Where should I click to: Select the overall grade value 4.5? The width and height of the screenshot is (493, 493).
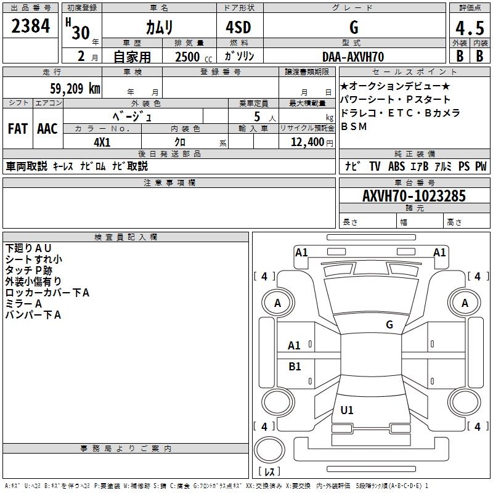[x=468, y=27]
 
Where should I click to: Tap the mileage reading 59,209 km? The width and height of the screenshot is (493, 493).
[x=75, y=88]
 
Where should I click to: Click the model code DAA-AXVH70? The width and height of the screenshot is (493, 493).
[x=353, y=57]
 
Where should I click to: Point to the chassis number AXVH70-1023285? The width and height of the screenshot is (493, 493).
[x=414, y=196]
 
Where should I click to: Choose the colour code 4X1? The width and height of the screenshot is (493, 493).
[x=102, y=142]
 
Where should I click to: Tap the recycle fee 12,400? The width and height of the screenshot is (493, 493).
[x=306, y=142]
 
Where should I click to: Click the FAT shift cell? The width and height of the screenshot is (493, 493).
[x=18, y=129]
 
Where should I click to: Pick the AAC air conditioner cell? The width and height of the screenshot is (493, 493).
[x=47, y=129]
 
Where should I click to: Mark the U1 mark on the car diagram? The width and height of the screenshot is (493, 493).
[x=347, y=410]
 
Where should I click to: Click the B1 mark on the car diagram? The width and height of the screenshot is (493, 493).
[x=295, y=367]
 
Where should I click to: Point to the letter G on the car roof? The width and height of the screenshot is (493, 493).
[x=389, y=325]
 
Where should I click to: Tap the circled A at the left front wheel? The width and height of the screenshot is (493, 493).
[x=277, y=303]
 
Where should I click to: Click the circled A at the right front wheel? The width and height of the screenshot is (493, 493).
[x=465, y=303]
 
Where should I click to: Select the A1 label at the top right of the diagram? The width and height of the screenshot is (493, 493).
[x=439, y=252]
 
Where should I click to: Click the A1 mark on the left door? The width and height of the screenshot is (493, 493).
[x=295, y=346]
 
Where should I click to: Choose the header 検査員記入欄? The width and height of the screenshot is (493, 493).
[x=126, y=237]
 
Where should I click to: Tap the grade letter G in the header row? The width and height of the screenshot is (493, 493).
[x=353, y=27]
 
